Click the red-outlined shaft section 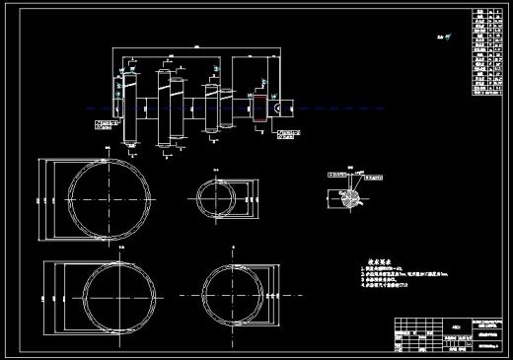260,108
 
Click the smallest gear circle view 218,195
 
